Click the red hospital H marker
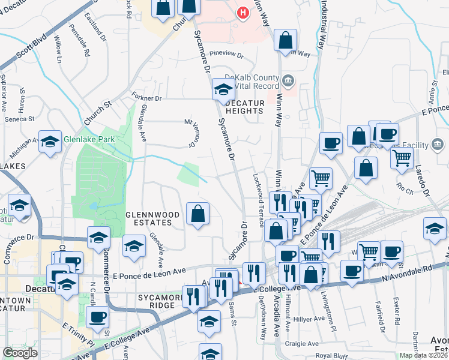tap(243, 13)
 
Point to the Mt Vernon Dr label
tap(192, 132)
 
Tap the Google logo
tap(20, 353)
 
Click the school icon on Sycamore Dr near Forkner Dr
tap(223, 91)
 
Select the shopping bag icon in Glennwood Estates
tap(198, 214)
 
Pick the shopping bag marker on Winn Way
tap(286, 41)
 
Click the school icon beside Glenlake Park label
tap(50, 142)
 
